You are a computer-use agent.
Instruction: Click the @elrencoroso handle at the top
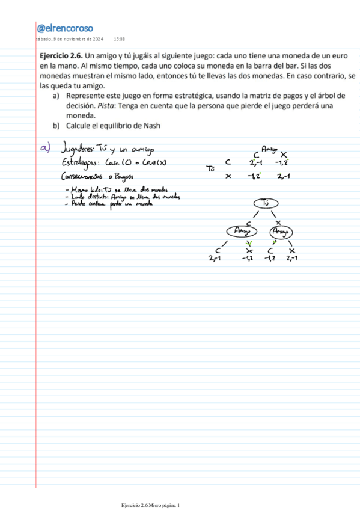(64, 28)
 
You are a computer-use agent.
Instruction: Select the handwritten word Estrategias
(81, 163)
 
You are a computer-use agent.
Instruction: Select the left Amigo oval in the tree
(242, 231)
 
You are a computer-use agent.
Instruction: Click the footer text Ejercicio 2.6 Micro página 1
(150, 504)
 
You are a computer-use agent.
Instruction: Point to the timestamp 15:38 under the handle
(119, 39)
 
